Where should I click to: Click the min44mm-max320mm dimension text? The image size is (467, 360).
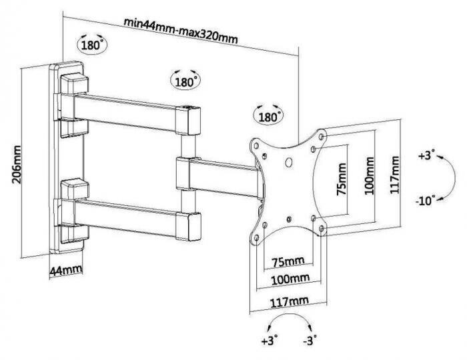[x=180, y=29]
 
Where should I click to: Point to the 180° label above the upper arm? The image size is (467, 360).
[x=185, y=81]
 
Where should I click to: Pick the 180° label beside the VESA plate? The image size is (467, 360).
[x=268, y=116]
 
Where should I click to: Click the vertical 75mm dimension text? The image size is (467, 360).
[x=342, y=179]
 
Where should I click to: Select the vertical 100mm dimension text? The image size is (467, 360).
[x=369, y=175]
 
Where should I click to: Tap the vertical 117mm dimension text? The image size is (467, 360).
[x=396, y=173]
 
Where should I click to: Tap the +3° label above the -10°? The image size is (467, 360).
[x=426, y=155]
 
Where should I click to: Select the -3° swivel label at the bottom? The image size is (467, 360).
[x=309, y=341]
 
